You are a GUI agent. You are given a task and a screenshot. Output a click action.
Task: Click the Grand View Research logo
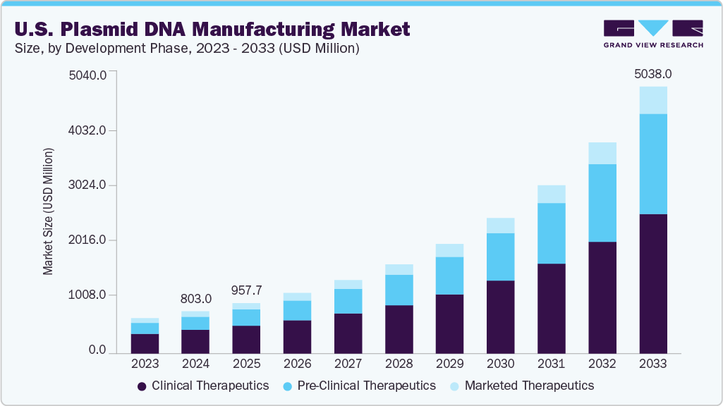(652, 32)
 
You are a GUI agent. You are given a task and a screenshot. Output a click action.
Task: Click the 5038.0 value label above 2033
(652, 73)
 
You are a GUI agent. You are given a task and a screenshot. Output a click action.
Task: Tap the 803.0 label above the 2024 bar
(195, 299)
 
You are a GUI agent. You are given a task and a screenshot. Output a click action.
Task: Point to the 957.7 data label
(246, 290)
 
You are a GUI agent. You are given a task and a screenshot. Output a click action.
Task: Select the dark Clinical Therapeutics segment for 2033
(652, 283)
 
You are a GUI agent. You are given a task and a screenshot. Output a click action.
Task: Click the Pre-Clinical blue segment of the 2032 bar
(602, 203)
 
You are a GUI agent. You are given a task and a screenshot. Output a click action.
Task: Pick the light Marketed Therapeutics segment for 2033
(652, 100)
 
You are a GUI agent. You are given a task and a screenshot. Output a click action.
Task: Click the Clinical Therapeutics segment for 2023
(145, 343)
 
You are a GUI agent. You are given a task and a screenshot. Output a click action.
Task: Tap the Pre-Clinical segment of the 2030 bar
(500, 257)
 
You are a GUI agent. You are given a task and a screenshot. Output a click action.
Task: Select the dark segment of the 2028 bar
(399, 329)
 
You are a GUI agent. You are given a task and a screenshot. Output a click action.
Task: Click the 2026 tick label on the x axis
(297, 364)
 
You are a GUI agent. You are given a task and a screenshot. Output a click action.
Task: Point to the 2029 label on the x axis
(449, 364)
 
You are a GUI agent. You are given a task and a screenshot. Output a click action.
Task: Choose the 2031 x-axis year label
(551, 364)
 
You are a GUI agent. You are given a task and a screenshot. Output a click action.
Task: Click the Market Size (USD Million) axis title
(48, 211)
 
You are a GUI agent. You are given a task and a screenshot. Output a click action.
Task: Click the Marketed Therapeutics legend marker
(454, 386)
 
